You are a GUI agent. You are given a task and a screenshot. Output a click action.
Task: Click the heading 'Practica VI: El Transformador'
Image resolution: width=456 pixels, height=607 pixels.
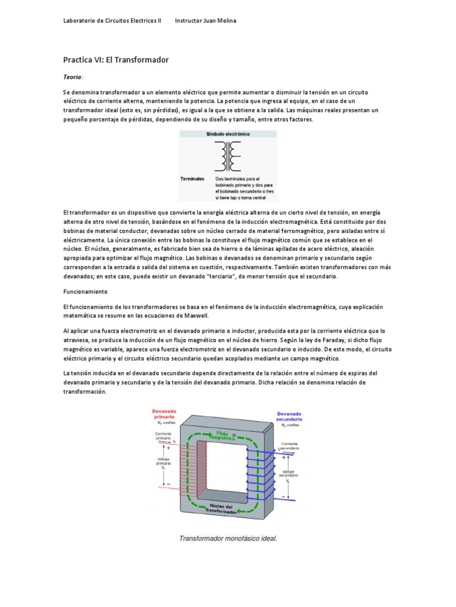click(116, 60)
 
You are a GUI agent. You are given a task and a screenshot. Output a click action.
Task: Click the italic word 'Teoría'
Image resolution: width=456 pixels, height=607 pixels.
click(73, 77)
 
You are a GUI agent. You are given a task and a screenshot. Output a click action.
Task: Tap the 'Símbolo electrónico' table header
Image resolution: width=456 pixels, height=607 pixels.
click(228, 135)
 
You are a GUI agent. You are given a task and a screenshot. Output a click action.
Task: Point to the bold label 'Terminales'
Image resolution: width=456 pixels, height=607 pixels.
click(192, 178)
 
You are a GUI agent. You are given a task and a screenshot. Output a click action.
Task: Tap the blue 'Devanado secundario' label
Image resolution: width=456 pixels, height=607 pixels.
click(289, 416)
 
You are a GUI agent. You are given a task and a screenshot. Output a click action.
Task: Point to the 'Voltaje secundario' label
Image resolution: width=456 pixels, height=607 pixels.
click(289, 475)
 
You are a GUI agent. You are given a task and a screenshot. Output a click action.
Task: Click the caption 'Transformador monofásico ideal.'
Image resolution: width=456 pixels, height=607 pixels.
click(229, 539)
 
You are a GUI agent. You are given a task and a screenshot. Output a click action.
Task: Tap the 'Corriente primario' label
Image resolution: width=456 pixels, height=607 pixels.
click(164, 437)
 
